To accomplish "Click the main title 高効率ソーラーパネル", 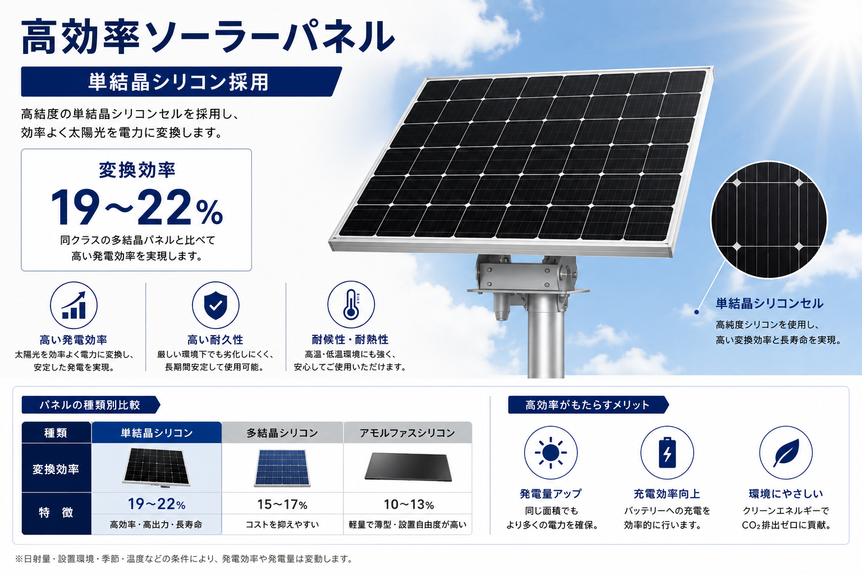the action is click(x=208, y=38).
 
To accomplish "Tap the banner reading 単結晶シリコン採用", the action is click(x=181, y=81).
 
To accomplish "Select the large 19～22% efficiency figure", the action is click(x=136, y=207).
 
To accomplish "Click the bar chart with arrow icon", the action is click(x=74, y=305).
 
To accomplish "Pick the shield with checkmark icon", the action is click(x=215, y=305).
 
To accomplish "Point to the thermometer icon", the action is click(x=351, y=305).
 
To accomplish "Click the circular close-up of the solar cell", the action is click(x=769, y=220).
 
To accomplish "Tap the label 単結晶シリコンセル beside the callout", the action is click(x=769, y=303).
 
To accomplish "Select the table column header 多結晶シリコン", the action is click(x=282, y=433).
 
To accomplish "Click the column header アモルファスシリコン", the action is click(x=407, y=433).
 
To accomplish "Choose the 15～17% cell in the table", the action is click(x=282, y=504).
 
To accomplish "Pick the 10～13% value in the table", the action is click(x=409, y=504).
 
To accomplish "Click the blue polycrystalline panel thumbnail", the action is click(x=282, y=468).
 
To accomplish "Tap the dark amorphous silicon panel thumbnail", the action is click(x=409, y=467).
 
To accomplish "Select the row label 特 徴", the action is click(x=56, y=513).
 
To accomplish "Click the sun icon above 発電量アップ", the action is click(x=551, y=453).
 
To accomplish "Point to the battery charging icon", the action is click(x=667, y=453).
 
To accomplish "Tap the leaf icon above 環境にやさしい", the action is click(x=786, y=453).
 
